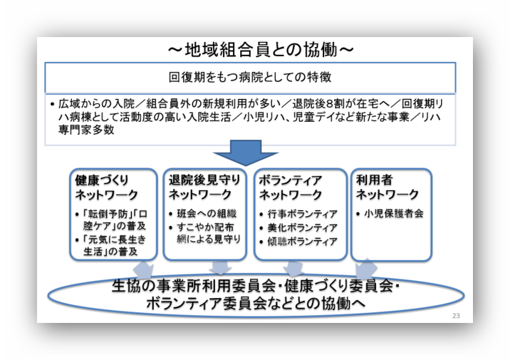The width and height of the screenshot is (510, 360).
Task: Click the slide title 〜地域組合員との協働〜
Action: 261,50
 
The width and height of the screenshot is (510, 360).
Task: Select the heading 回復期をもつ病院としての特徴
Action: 250,77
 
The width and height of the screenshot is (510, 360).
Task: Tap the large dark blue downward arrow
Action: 246,153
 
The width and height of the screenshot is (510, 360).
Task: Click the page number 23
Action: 456,315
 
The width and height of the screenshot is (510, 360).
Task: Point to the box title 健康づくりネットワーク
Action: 107,187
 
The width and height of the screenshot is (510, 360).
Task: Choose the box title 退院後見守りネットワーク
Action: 204,187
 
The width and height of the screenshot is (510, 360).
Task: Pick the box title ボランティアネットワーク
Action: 290,187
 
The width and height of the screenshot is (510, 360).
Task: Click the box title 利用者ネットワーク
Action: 387,187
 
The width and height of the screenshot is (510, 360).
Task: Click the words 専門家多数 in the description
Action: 86,130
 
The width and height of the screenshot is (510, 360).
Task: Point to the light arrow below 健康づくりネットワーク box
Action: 143,269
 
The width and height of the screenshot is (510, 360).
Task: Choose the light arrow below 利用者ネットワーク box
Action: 366,269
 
